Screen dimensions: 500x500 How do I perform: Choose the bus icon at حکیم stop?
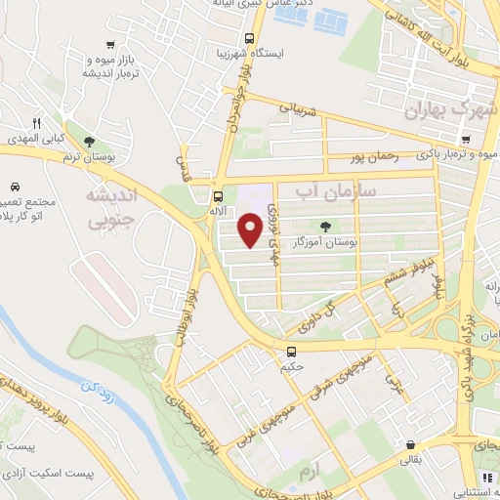tap(290, 352)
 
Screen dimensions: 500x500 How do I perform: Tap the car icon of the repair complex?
tap(16, 186)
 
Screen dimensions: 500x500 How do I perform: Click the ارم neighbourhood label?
tap(310, 472)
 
